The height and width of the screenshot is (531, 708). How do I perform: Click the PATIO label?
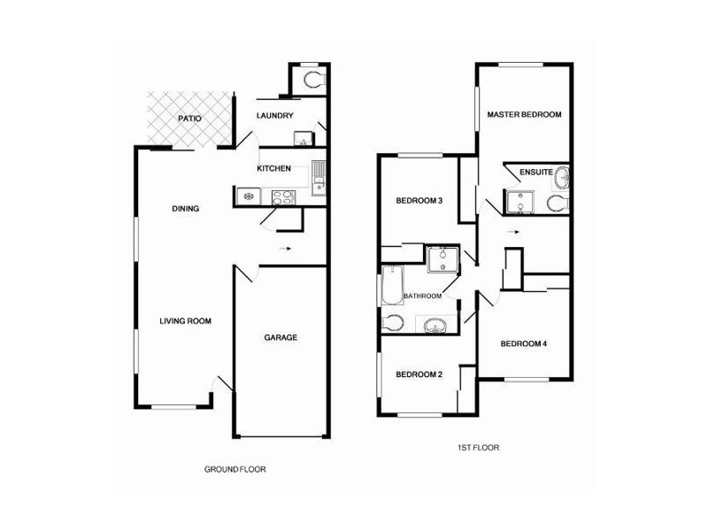point(189,119)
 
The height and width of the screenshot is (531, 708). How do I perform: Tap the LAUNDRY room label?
point(275,116)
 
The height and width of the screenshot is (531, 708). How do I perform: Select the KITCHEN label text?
point(273,168)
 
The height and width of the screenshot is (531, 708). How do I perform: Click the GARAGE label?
point(281,337)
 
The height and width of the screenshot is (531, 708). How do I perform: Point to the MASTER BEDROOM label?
point(524,115)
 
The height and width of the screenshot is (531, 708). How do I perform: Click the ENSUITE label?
point(536,172)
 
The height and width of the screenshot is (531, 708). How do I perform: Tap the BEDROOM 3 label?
point(419,201)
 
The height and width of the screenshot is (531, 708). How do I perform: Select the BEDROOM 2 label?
point(419,374)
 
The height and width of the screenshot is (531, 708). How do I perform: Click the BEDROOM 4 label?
point(524,343)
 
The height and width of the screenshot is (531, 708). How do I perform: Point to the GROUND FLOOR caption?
point(235,469)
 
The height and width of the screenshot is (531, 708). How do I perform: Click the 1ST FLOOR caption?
point(478,448)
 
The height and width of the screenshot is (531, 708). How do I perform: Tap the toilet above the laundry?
point(314,80)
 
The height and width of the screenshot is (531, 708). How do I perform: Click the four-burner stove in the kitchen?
point(283,197)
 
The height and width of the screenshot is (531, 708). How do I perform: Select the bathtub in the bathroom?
point(392,285)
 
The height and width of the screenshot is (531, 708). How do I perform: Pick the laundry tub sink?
point(303,138)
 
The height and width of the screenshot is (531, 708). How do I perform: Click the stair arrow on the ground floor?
point(284,248)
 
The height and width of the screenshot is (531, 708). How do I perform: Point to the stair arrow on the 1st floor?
point(513,232)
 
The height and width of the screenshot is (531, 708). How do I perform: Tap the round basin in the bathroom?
point(435,325)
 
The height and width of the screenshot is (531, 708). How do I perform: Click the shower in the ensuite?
point(519,202)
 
